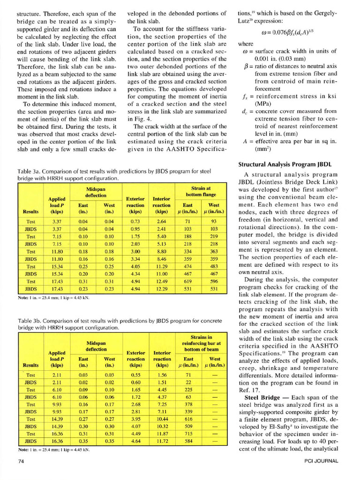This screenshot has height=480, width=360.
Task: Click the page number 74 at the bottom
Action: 22,462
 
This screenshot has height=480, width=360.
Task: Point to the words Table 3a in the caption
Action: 29,172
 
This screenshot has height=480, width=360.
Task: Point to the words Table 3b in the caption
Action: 29,321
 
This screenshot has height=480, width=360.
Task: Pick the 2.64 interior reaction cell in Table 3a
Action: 161,221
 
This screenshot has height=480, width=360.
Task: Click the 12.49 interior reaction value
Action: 161,282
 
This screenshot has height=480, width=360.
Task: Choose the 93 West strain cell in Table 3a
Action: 214,221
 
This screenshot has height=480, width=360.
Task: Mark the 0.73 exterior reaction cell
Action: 135,221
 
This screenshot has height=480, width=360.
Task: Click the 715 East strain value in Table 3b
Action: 188,434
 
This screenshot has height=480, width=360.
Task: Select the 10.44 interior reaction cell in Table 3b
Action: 161,419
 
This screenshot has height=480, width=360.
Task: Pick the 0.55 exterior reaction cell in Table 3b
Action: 135,375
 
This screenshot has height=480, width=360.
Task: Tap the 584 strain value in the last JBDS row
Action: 188,441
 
